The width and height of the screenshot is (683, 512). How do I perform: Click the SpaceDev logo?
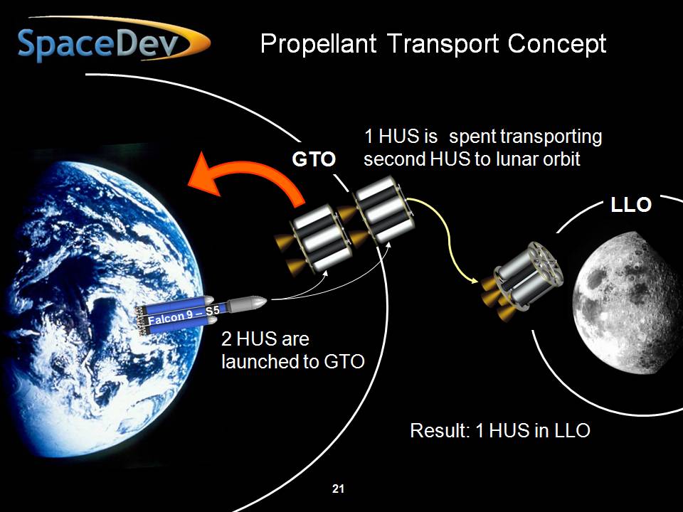point(113,41)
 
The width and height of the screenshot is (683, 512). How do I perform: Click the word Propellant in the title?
point(319,44)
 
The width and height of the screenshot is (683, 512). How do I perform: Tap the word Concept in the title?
point(557,44)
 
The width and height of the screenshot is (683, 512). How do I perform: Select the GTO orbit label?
point(314,159)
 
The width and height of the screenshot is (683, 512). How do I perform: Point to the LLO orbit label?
point(631,205)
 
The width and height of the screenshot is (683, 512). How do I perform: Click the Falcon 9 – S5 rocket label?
point(184,316)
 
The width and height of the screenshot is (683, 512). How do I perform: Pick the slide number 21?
point(338,489)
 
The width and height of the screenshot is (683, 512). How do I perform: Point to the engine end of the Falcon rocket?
point(140,319)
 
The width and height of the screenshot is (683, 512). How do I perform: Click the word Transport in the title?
point(442,44)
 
